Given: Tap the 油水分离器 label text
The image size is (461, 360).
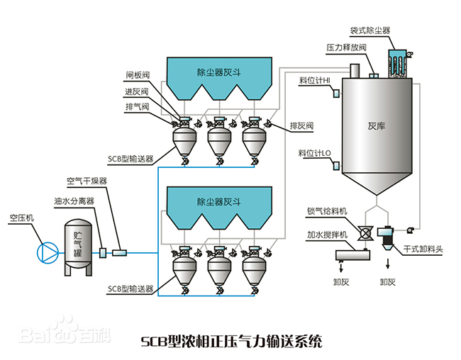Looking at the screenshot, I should [74, 201].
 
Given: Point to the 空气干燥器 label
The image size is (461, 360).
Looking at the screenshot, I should [87, 181].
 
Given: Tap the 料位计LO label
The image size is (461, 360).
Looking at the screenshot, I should [314, 152].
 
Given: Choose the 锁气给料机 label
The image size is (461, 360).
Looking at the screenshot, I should [327, 211].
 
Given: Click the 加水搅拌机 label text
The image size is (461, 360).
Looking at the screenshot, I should [327, 234].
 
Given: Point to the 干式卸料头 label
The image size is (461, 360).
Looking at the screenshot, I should [423, 249].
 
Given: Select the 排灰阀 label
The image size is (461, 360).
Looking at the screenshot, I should [301, 125].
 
